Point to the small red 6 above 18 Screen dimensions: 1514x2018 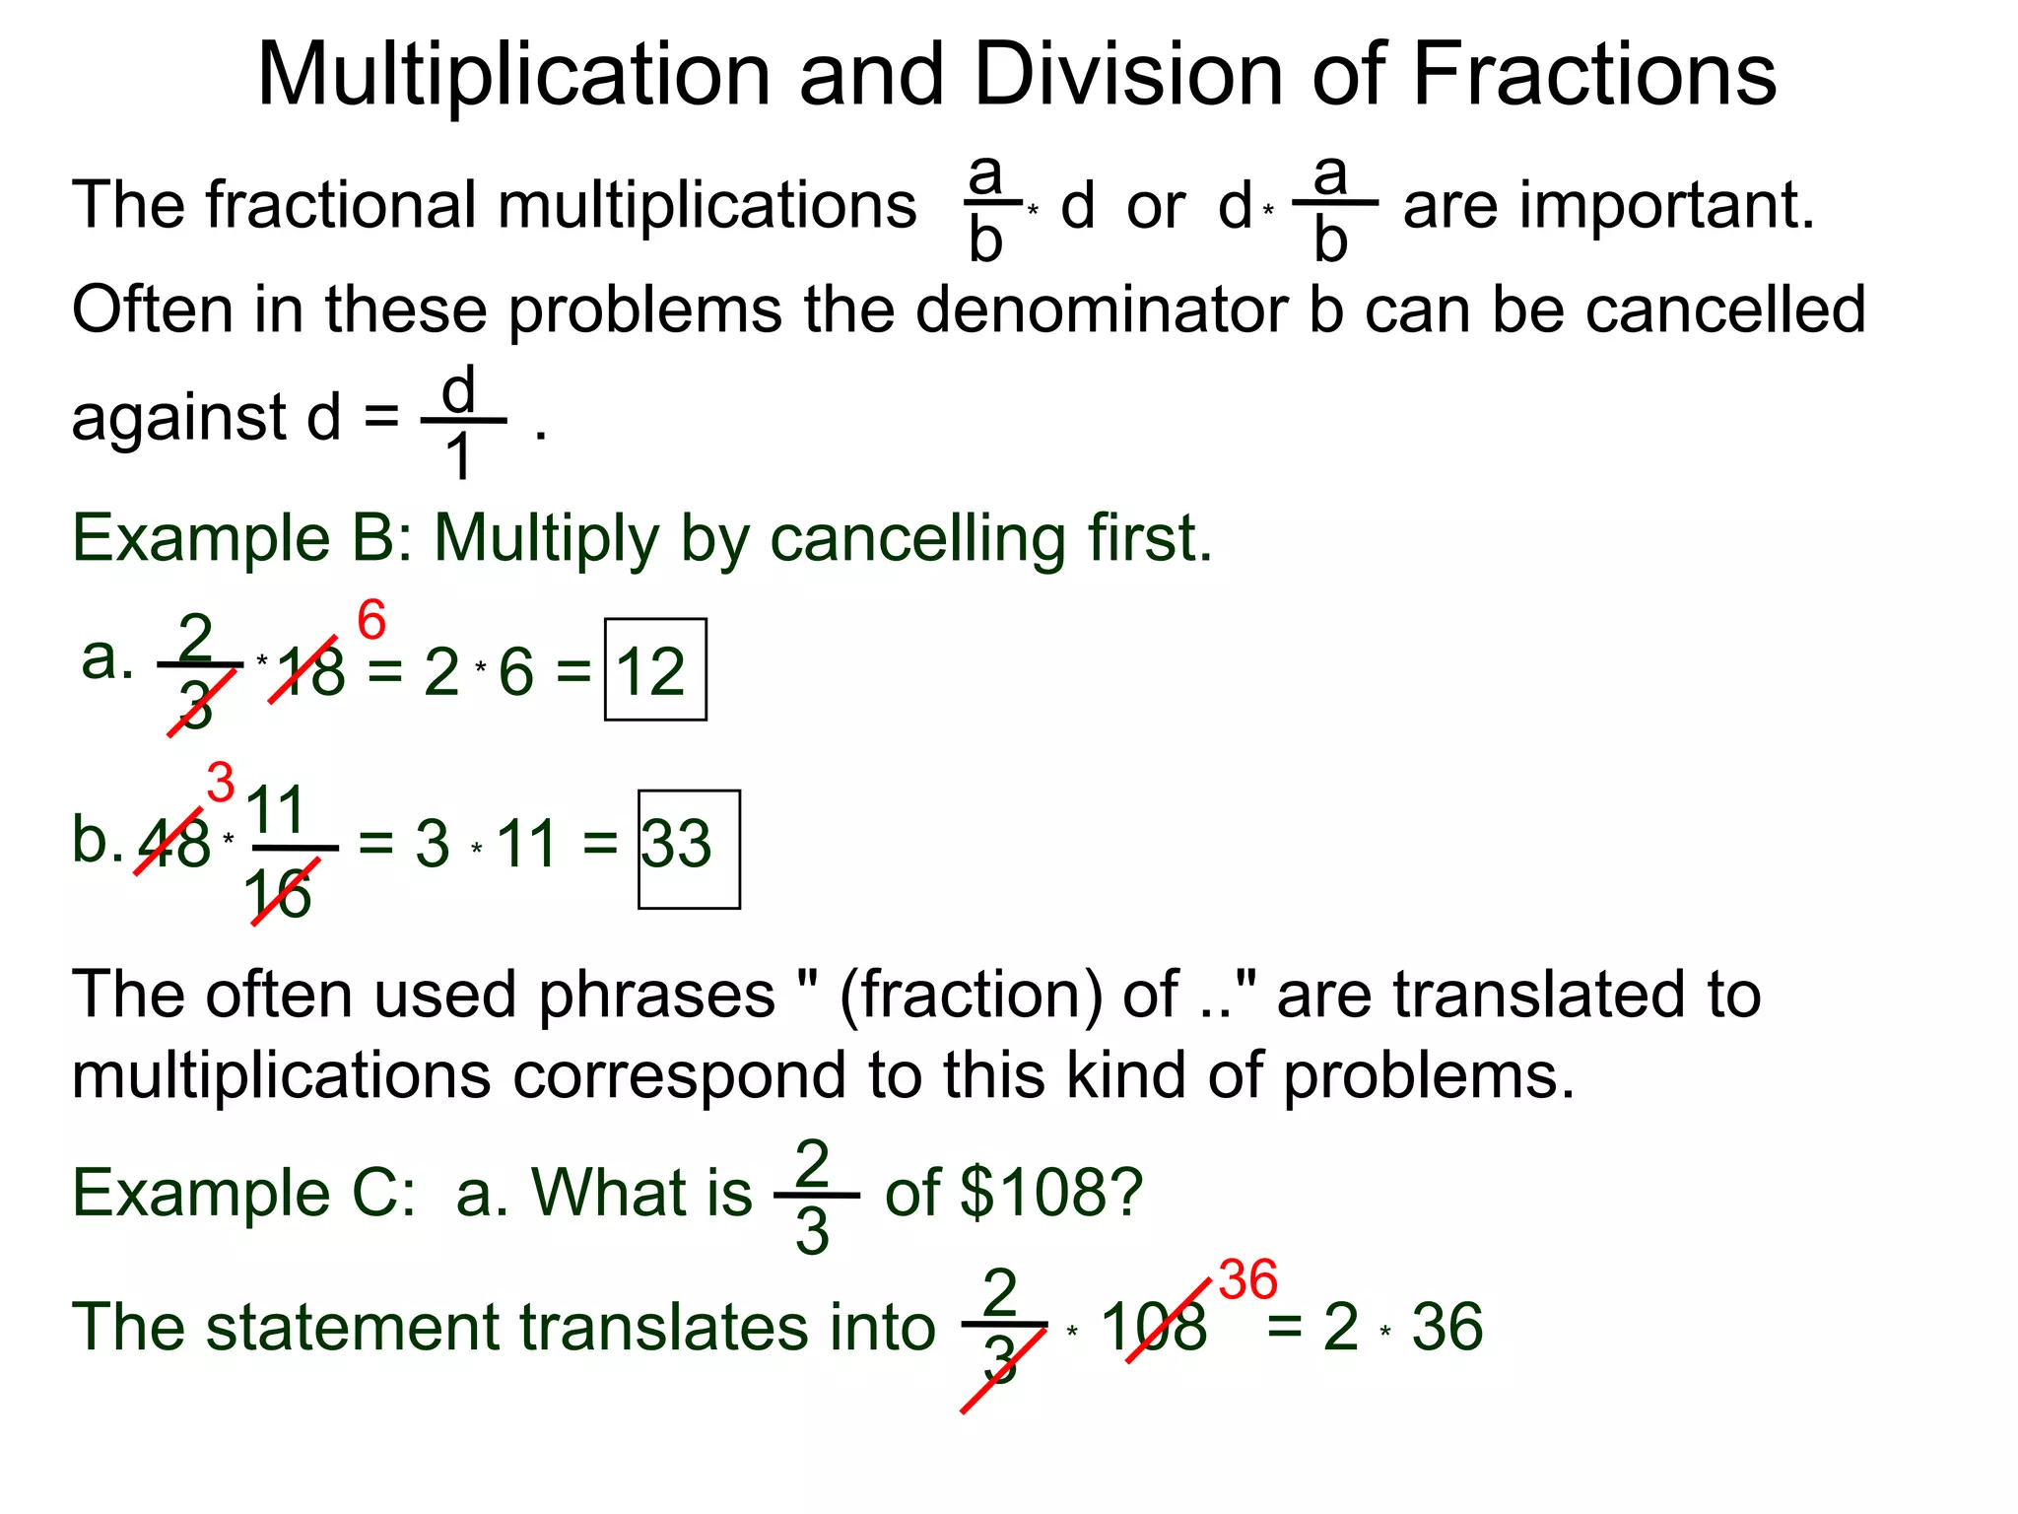(371, 621)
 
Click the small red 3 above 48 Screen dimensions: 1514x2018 (221, 783)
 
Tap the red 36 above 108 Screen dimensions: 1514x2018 (1247, 1280)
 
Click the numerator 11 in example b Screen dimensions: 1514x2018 (276, 810)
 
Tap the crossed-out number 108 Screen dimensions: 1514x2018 (1154, 1327)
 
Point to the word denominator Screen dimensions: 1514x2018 (1102, 310)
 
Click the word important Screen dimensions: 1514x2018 (1665, 207)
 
